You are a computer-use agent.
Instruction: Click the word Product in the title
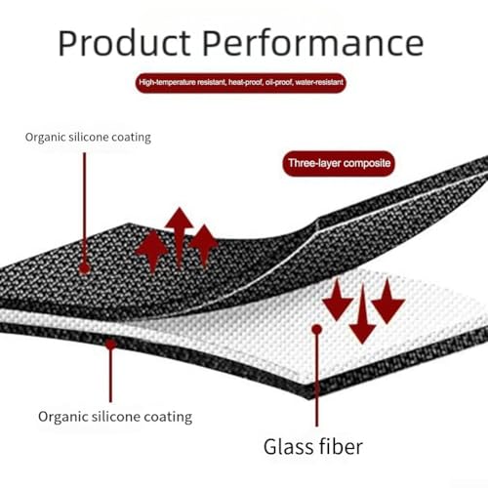pyautogui.click(x=124, y=43)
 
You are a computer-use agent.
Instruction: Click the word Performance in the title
pyautogui.click(x=313, y=43)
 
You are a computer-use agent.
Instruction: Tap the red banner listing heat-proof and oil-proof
pyautogui.click(x=241, y=83)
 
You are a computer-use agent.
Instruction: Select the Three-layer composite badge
pyautogui.click(x=339, y=163)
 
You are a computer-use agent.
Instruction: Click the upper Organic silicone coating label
pyautogui.click(x=88, y=138)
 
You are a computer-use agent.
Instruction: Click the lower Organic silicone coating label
pyautogui.click(x=115, y=417)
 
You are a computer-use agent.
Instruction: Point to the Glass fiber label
pyautogui.click(x=313, y=447)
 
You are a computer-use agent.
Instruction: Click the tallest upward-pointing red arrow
pyautogui.click(x=180, y=237)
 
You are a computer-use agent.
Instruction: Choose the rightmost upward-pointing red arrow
pyautogui.click(x=204, y=246)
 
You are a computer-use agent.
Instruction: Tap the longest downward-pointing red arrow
pyautogui.click(x=362, y=314)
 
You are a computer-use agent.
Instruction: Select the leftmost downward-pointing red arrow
pyautogui.click(x=338, y=301)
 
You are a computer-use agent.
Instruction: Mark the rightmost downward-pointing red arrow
pyautogui.click(x=387, y=301)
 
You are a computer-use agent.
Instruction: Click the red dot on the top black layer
pyautogui.click(x=85, y=268)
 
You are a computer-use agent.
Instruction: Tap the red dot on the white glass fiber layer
pyautogui.click(x=316, y=330)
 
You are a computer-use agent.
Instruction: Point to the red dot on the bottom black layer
pyautogui.click(x=110, y=344)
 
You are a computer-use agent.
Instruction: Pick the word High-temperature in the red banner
pyautogui.click(x=167, y=82)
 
